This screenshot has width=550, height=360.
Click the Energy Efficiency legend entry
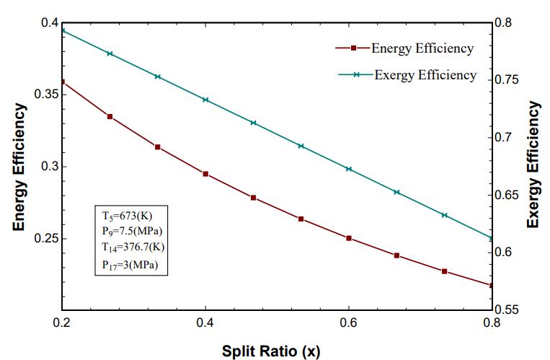click(x=422, y=48)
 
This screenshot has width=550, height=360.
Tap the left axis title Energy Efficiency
click(x=19, y=167)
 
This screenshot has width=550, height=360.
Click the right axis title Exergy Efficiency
click(x=533, y=165)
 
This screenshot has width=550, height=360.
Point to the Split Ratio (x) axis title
click(x=270, y=351)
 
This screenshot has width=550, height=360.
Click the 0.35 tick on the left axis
click(x=43, y=95)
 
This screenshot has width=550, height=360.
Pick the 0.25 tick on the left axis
click(x=43, y=239)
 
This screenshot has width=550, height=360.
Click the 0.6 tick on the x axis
click(x=349, y=322)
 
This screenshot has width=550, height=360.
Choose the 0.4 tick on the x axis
click(x=205, y=322)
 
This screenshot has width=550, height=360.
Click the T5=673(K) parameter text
click(x=122, y=215)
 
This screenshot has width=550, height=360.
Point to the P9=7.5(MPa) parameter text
click(x=127, y=231)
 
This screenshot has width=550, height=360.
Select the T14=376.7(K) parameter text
click(x=128, y=247)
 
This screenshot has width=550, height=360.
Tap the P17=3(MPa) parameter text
click(x=125, y=263)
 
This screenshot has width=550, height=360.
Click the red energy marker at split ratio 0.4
click(x=205, y=174)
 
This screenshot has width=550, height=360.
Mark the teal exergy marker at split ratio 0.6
click(x=349, y=169)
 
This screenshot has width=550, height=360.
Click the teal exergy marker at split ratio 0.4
click(x=205, y=100)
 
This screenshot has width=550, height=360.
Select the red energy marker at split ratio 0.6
click(x=349, y=238)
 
